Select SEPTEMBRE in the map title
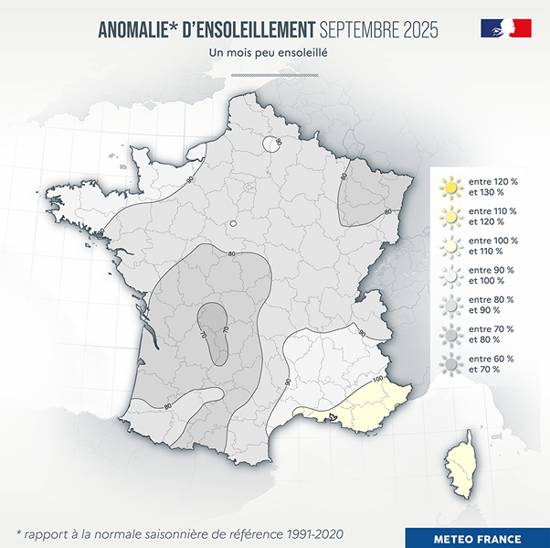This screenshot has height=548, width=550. click(359, 30)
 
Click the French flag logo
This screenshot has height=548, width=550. click(506, 28)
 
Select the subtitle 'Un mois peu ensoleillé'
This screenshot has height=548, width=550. click(269, 53)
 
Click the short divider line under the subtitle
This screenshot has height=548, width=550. click(268, 74)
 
